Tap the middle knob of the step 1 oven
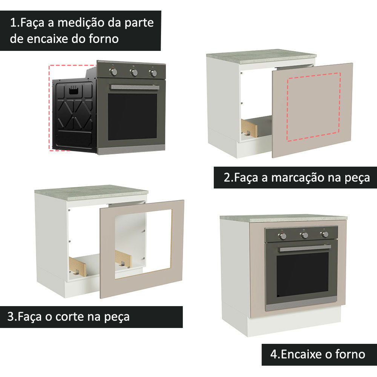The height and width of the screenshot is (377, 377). pos(134,72)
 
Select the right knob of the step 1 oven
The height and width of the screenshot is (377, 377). pos(153,73)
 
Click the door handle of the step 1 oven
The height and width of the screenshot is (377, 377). pos(134,87)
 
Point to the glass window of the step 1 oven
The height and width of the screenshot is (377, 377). pos(132,116)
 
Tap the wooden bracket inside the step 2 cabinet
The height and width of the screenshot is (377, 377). pos(250,127)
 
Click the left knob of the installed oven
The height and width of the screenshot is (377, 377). pos(283,236)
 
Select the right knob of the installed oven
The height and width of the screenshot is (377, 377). pos(325,234)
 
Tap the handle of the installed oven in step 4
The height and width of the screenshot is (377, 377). pos(305,248)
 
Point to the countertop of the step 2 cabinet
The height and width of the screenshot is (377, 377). pos(261,56)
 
